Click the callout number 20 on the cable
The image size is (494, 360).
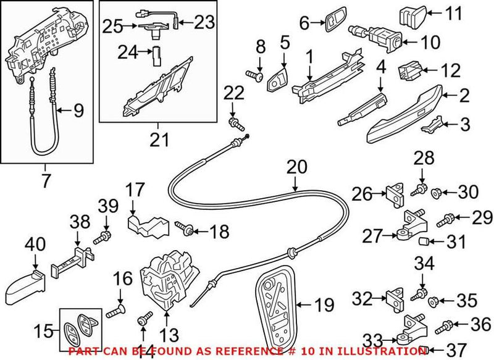pos(296,167)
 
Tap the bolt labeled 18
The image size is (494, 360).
pos(186,231)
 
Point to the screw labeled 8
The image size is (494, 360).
pos(256,76)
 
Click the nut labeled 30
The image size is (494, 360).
pos(435,193)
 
